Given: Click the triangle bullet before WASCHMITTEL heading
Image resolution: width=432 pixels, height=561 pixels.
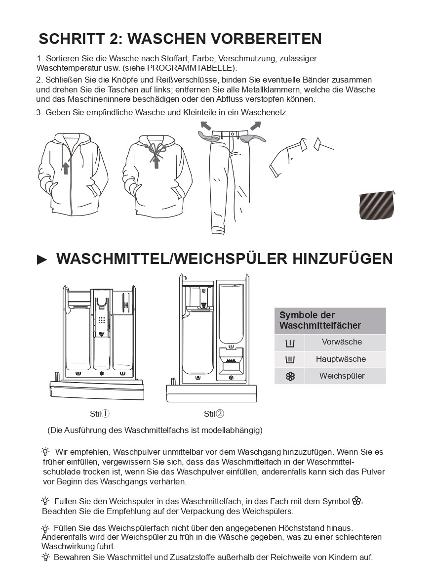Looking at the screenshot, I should click(x=42, y=260).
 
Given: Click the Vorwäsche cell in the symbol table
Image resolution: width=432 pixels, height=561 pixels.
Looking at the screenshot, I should click(x=342, y=342).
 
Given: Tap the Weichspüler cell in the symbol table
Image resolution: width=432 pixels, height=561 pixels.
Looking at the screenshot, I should click(x=342, y=376).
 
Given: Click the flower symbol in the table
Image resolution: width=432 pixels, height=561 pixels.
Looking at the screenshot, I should click(x=290, y=377).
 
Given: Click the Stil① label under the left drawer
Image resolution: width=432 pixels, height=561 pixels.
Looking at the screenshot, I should click(x=99, y=414).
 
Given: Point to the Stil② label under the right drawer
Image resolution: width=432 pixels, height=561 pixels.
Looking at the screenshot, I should click(x=214, y=414).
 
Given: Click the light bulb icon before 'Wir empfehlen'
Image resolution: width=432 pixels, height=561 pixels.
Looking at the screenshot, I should click(x=46, y=451).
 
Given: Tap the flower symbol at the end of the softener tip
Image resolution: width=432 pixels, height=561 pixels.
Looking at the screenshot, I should click(x=357, y=501).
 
